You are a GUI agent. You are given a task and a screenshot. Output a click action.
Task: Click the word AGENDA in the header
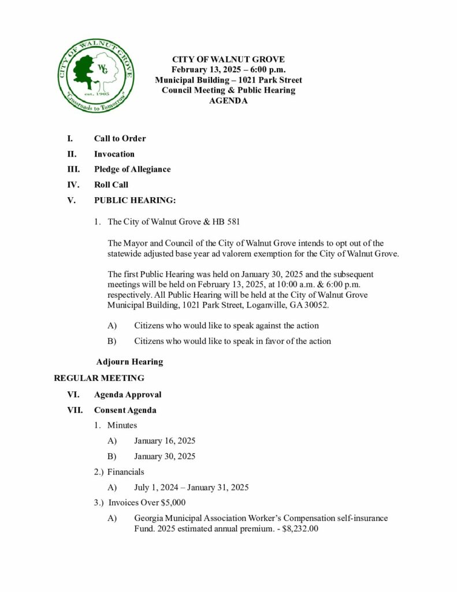tap(228, 101)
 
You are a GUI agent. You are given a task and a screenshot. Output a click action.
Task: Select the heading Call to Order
tap(120, 139)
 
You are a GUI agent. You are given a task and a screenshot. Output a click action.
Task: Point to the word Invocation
tap(114, 154)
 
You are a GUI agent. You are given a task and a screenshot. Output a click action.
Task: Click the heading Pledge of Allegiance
tap(132, 169)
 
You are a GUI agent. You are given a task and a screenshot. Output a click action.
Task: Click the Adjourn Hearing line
tap(129, 362)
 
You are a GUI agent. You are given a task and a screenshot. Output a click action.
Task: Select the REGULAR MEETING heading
tap(99, 379)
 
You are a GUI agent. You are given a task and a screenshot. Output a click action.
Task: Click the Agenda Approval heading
tap(128, 395)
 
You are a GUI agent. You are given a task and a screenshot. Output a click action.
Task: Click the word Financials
tap(126, 472)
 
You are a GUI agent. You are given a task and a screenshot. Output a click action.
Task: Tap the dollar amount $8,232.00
tap(300, 528)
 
